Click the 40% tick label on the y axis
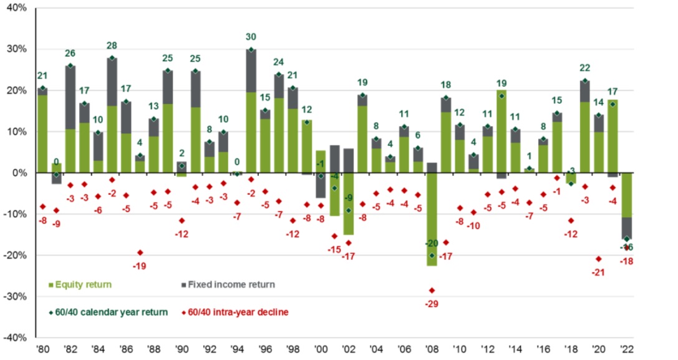coord(16,8)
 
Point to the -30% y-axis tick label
coord(14,296)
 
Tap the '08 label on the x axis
coord(431,349)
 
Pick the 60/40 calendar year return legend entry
coord(107,312)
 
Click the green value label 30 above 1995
coord(251,37)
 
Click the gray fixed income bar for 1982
coord(70,97)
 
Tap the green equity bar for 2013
coord(501,131)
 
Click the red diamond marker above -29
coord(432,290)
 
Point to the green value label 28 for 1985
coord(112,46)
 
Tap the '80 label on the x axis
coord(42,349)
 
